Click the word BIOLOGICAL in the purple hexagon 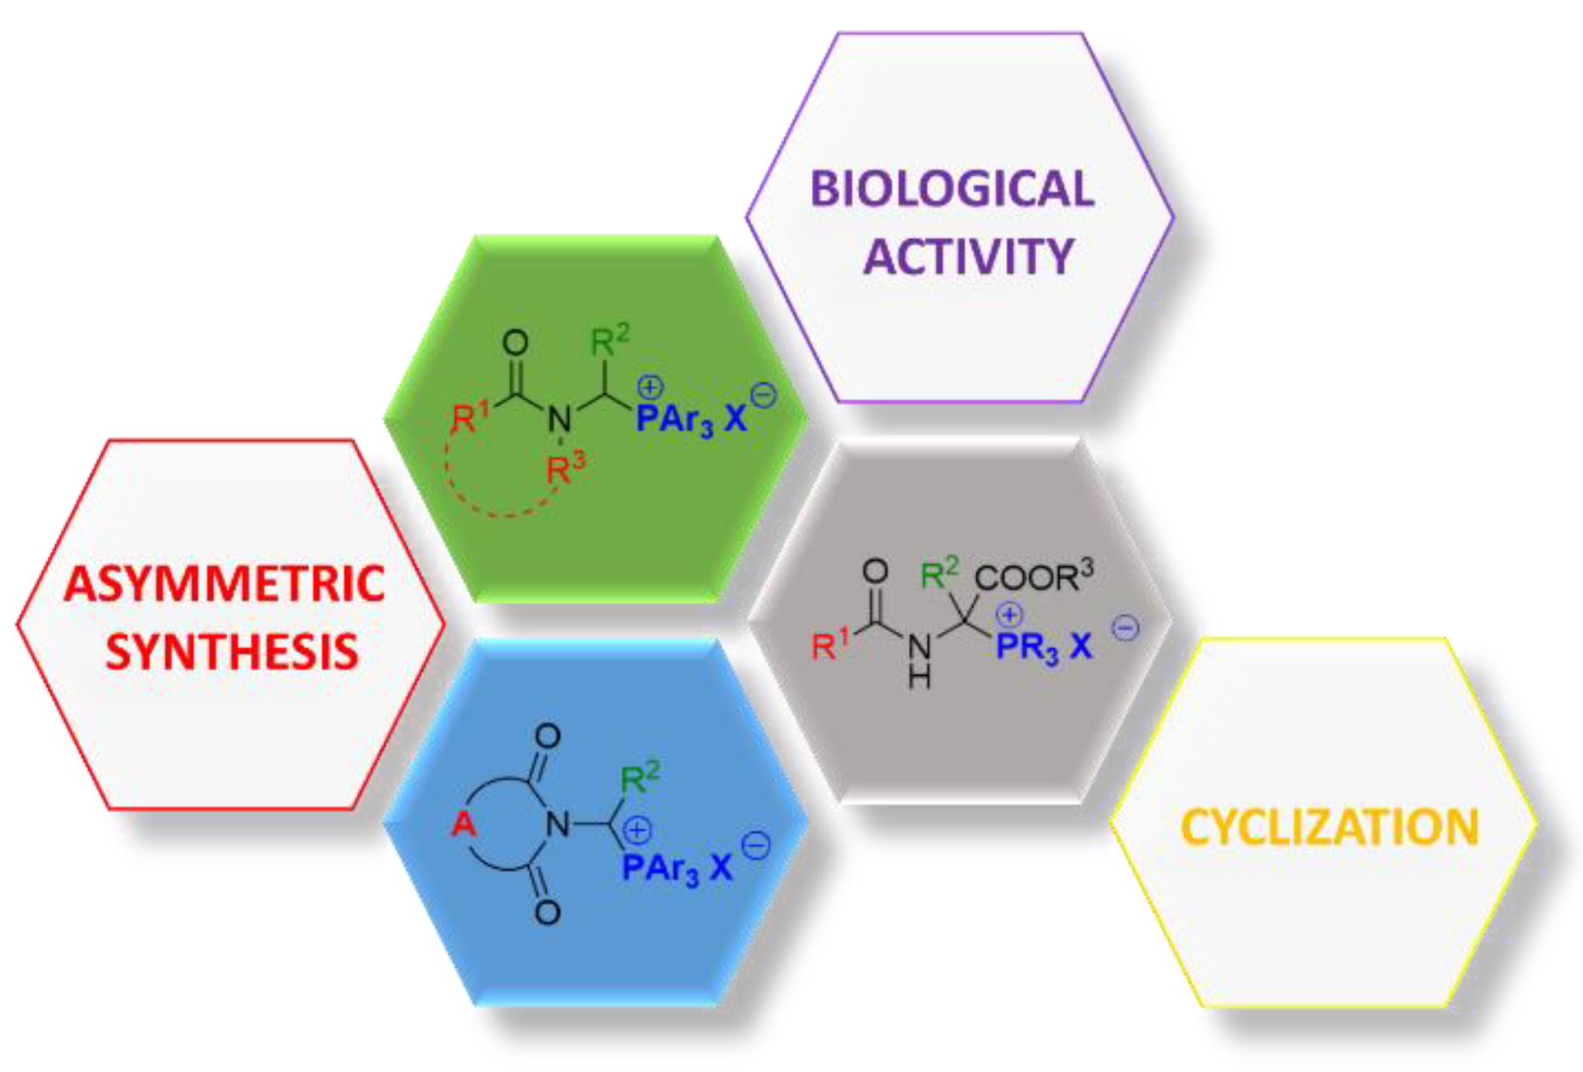click(x=952, y=190)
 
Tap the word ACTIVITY click(x=968, y=257)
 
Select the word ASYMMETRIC click(x=224, y=584)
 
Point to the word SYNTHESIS click(x=232, y=652)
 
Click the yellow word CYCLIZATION click(x=1329, y=828)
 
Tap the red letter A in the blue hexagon click(x=464, y=824)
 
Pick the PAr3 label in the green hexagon click(x=675, y=420)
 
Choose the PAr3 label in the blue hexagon click(x=659, y=869)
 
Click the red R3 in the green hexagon click(x=565, y=468)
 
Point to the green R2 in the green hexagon click(x=609, y=340)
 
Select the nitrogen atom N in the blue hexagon click(x=557, y=825)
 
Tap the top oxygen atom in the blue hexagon click(x=548, y=736)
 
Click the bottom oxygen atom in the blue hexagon click(x=548, y=912)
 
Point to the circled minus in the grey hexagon click(x=1125, y=628)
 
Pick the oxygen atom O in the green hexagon click(x=515, y=342)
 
